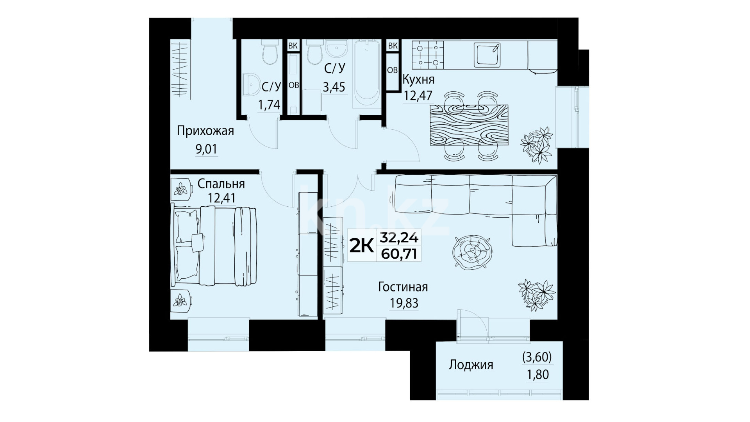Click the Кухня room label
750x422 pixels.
pos(418,80)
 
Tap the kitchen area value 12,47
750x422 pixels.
pos(418,95)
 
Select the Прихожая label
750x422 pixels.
pos(205,131)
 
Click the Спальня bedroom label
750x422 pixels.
pos(221,184)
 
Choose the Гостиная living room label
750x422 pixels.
pos(403,287)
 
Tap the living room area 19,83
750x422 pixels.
pos(404,303)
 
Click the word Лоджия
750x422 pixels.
pos(471,365)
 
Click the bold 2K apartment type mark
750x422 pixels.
pos(360,245)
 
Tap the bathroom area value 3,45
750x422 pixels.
pos(334,87)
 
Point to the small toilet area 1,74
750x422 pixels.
pos(269,105)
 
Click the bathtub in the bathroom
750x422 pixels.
pos(366,74)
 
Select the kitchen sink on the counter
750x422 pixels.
pos(487,54)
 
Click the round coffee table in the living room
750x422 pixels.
pos(473,251)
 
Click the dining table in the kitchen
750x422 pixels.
pos(469,125)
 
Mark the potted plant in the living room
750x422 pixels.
pos(536,295)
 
